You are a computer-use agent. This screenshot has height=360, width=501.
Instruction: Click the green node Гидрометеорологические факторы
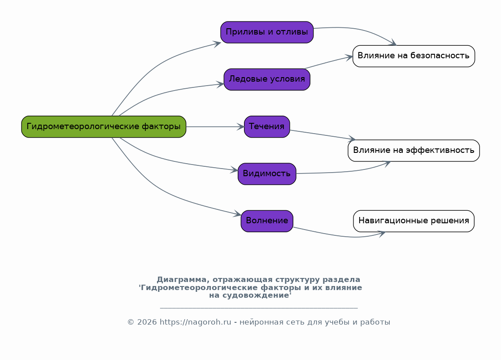pos(104,126)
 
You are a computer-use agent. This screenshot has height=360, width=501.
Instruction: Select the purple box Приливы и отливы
pos(267,32)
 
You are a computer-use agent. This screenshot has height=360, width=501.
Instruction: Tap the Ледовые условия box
pos(267,79)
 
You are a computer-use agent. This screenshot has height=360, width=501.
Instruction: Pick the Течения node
pos(267,126)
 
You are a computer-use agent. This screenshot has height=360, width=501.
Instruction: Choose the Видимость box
pos(267,173)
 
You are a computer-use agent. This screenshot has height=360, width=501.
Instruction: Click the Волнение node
pos(267,221)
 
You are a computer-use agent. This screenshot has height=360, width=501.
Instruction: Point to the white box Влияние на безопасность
pos(414,56)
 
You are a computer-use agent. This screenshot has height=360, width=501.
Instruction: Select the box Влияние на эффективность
pos(414,150)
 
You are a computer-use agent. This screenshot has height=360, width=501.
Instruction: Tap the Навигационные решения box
pos(414,221)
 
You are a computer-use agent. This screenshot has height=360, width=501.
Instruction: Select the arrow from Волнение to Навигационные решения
pos(341,236)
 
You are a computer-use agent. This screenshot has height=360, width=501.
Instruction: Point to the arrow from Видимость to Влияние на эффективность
pos(341,172)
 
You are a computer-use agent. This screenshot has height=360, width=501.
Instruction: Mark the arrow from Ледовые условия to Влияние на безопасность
pos(327,62)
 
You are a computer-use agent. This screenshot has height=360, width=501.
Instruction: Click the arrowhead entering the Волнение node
pos(238,215)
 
